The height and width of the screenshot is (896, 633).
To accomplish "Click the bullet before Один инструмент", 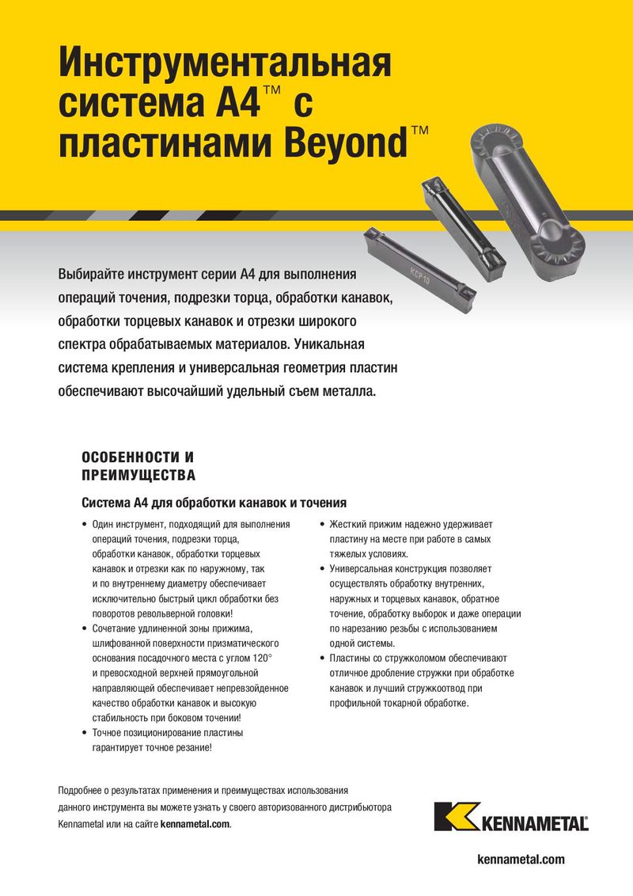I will tap(85, 525).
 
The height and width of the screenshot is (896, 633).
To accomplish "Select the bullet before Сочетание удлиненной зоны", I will tap(85, 629).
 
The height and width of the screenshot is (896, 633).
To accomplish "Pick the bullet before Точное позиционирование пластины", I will tap(85, 733).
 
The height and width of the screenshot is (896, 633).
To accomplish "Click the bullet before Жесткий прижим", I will tap(322, 525).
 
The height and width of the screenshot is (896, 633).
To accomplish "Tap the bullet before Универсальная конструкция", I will tap(322, 569).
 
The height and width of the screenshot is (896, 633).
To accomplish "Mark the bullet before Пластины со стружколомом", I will tap(322, 659).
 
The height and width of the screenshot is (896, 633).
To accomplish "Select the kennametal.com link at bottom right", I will tap(522, 860).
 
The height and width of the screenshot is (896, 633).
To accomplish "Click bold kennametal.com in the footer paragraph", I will tap(195, 824).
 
